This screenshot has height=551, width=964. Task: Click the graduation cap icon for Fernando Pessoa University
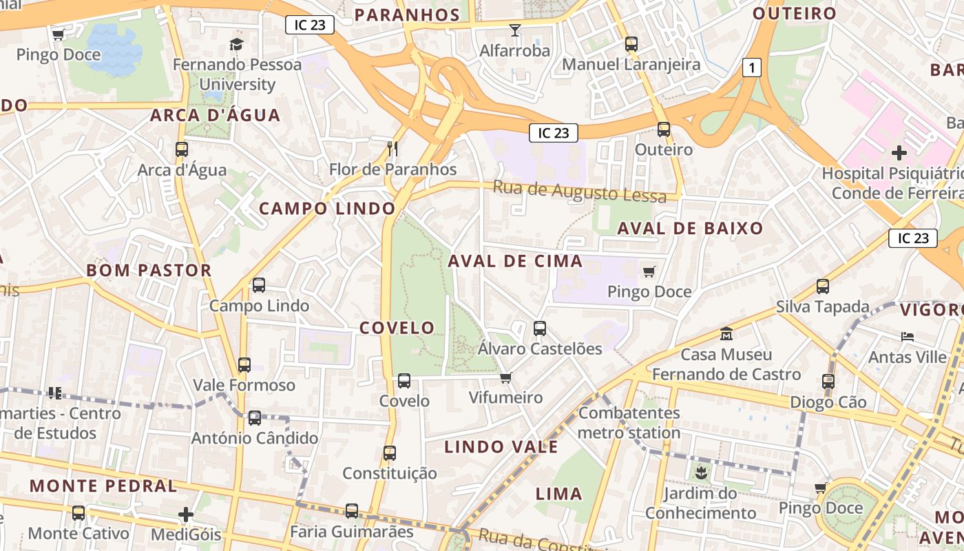point(237,45)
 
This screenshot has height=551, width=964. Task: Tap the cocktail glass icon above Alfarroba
point(514,30)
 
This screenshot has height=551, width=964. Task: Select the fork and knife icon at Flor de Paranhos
point(392,148)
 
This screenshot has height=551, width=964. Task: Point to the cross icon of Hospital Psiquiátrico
point(899,152)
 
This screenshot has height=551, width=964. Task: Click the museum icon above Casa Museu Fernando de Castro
point(726,334)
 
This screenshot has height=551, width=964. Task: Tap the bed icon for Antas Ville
point(908,337)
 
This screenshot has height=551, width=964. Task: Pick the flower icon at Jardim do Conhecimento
point(700,472)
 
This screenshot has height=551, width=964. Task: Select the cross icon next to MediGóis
point(186,514)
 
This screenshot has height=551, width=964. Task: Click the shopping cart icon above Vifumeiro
point(505,377)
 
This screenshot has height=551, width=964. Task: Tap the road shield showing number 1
point(753,67)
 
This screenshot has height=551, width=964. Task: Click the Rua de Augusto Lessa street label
point(580,191)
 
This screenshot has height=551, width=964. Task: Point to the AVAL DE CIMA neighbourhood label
point(515,261)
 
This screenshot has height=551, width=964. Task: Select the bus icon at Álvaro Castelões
point(540,328)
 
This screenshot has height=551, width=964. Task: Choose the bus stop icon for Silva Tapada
point(822,286)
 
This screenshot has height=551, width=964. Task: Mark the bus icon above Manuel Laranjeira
point(631,44)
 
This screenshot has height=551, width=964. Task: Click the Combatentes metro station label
point(629,423)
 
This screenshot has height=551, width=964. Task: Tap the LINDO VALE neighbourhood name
point(501,447)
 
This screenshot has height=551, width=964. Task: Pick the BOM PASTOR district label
point(149,270)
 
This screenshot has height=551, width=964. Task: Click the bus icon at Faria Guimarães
point(352,511)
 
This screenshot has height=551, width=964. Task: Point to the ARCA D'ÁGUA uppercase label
point(216,115)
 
